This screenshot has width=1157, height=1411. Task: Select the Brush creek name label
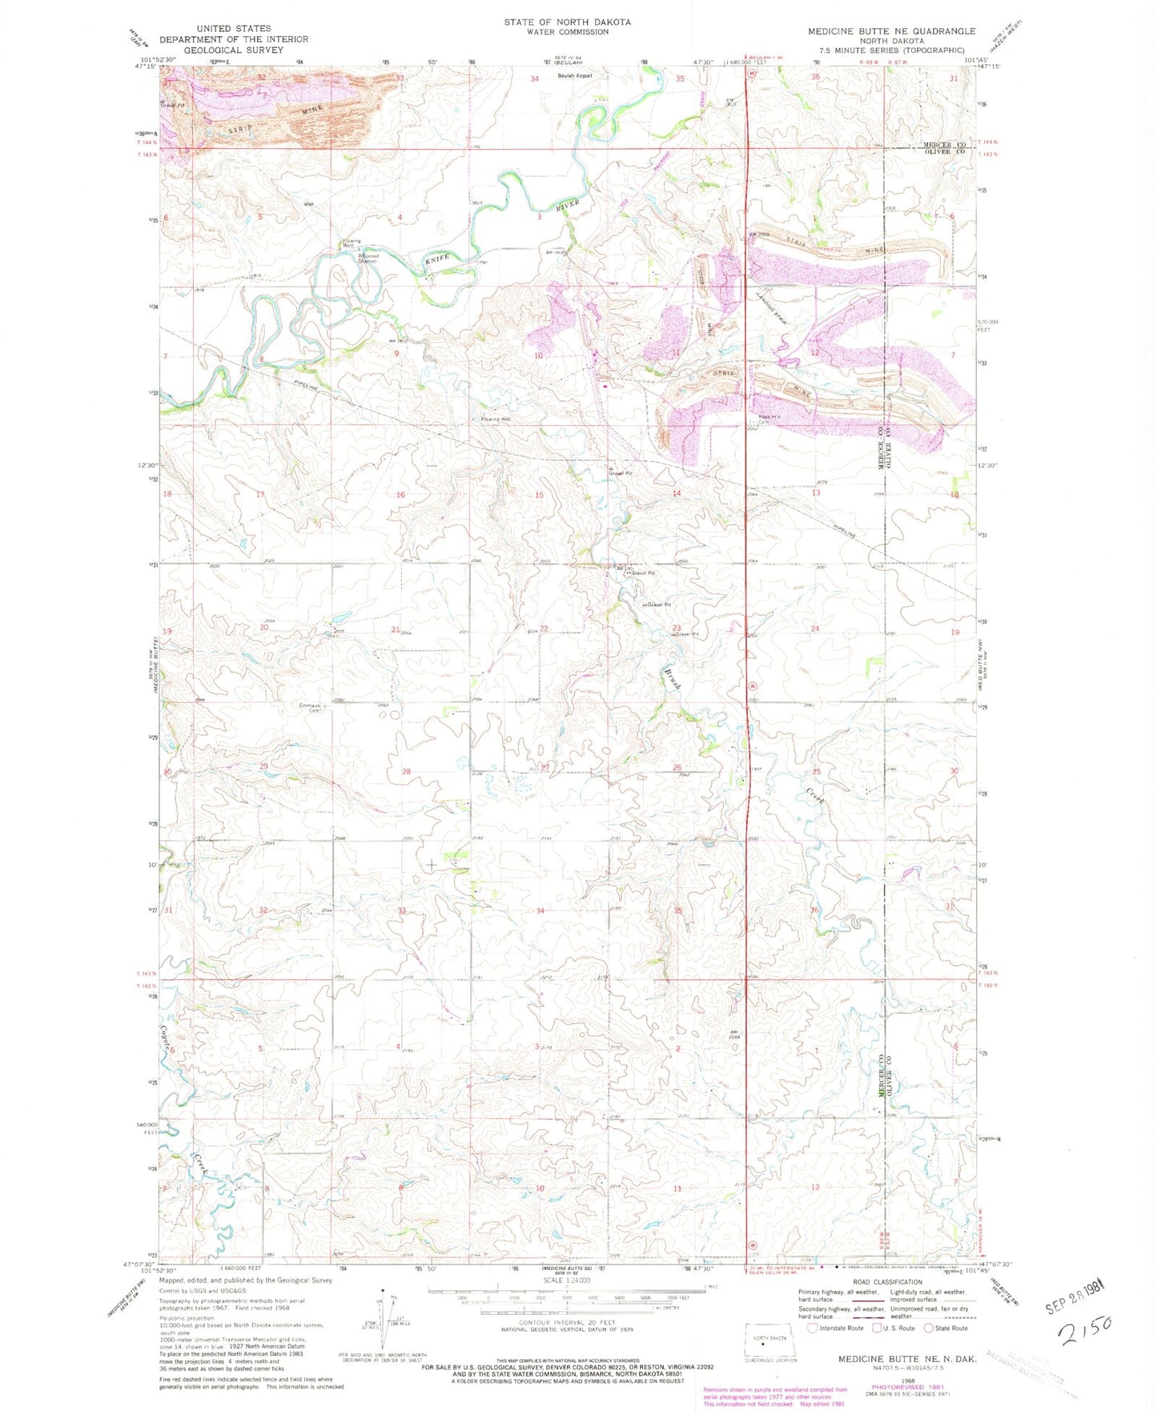click(x=672, y=678)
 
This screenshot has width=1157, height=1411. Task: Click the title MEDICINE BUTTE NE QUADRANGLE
click(x=891, y=31)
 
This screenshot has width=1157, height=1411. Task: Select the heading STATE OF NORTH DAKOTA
click(x=567, y=22)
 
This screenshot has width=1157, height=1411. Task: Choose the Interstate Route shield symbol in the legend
click(x=812, y=1328)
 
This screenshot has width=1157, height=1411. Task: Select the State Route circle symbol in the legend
click(x=928, y=1328)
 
